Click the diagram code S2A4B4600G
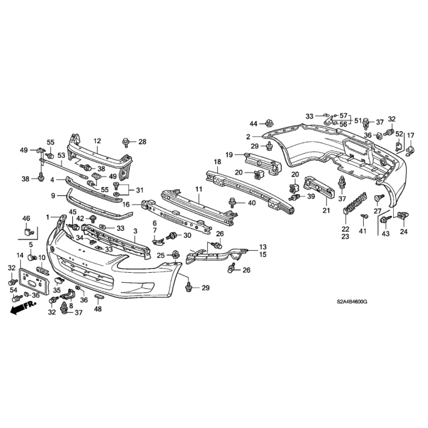tap(352, 302)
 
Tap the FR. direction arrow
tap(23, 308)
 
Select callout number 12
tap(97, 141)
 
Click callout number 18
tap(217, 162)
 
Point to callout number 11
tap(199, 189)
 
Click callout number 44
tap(253, 124)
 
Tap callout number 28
tap(142, 142)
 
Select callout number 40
tap(251, 203)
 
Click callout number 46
tap(26, 218)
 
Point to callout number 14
tap(20, 255)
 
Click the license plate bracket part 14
tap(34, 281)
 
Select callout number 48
tap(98, 309)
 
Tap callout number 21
tap(326, 211)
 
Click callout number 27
tap(377, 211)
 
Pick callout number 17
tap(411, 135)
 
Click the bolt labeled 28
tap(126, 142)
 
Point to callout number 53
tap(62, 155)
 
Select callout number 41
tap(362, 231)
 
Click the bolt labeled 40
tap(232, 203)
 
